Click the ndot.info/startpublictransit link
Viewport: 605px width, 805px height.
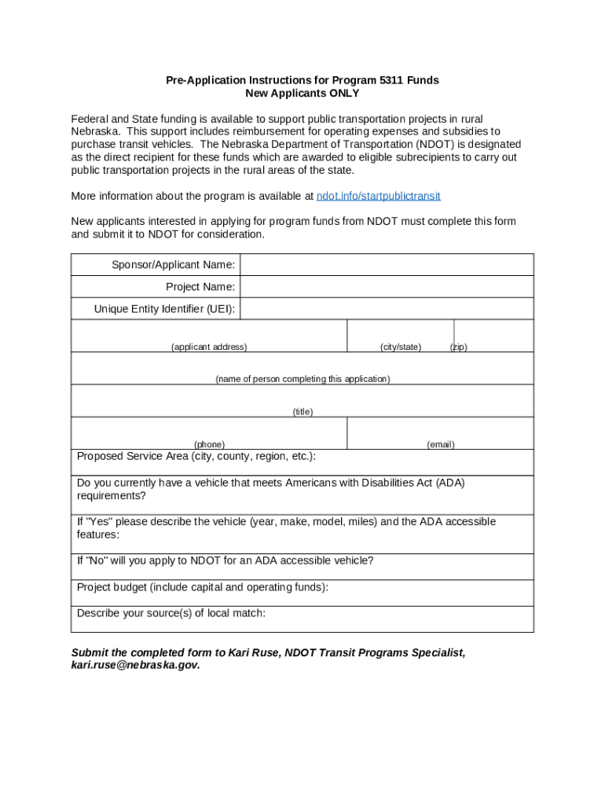(378, 196)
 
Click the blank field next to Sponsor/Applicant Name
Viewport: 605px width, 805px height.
(387, 265)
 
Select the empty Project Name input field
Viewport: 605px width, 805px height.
(387, 287)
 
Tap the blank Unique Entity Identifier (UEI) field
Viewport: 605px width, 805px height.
(387, 309)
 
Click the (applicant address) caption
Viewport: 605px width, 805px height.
(209, 347)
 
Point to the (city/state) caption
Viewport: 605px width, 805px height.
(401, 347)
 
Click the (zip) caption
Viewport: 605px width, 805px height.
(458, 347)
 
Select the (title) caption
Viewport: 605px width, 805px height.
(302, 411)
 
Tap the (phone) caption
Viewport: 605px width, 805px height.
(209, 444)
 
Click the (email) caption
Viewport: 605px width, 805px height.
(441, 444)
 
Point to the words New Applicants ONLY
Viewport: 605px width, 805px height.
(302, 93)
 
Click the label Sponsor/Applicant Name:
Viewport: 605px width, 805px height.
(173, 265)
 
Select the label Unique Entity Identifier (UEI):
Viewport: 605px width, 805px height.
(164, 309)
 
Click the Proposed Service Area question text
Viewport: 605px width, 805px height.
(196, 457)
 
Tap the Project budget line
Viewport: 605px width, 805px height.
(203, 587)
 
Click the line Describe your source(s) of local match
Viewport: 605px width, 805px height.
(171, 613)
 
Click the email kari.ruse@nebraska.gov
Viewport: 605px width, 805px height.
(135, 665)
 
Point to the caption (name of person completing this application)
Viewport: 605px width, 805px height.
(302, 379)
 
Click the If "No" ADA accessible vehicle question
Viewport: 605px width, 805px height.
(225, 561)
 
